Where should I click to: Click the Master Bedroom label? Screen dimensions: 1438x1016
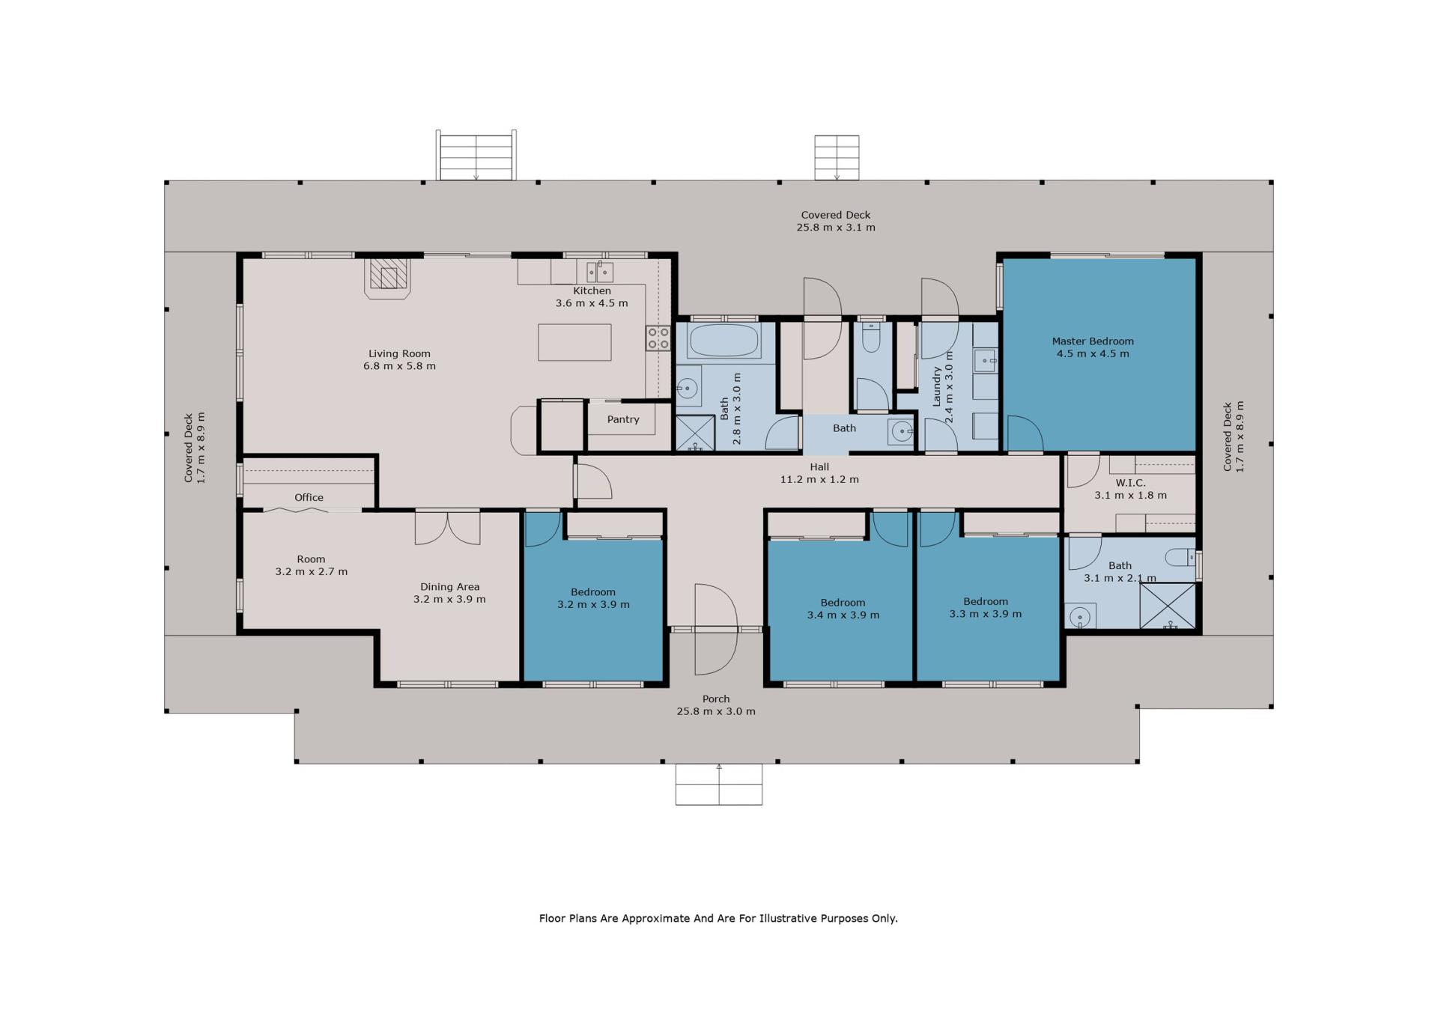[1093, 341]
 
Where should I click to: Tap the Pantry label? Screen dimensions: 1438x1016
[623, 419]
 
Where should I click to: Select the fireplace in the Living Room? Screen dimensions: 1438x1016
[388, 278]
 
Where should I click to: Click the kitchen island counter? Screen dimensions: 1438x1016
[574, 342]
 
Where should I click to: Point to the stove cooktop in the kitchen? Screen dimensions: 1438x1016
[658, 338]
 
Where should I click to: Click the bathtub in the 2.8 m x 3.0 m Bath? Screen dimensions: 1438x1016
[723, 340]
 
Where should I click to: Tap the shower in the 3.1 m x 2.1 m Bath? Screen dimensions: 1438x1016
[1168, 606]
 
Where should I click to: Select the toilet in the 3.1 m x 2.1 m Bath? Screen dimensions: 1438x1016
[1181, 557]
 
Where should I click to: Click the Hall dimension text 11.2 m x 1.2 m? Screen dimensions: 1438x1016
[819, 479]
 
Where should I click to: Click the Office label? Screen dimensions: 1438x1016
[309, 497]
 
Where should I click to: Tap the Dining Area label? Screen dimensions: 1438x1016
[449, 587]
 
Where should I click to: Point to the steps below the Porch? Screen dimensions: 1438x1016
[719, 785]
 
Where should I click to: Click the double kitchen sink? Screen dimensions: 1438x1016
[600, 271]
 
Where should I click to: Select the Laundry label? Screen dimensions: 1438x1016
[936, 386]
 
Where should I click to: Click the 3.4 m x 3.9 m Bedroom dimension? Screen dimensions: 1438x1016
[843, 615]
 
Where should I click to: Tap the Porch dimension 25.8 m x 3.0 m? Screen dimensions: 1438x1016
[716, 711]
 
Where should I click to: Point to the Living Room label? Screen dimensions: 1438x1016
[399, 353]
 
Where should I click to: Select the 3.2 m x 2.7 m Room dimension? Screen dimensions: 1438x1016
[312, 571]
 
